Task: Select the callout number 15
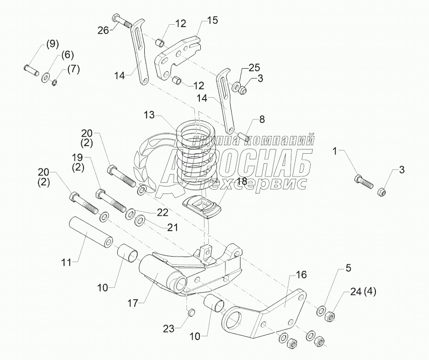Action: pyautogui.click(x=212, y=20)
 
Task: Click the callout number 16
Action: pyautogui.click(x=301, y=275)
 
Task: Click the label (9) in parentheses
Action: pyautogui.click(x=52, y=45)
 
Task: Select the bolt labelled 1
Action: pyautogui.click(x=364, y=182)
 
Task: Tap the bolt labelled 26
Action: pyautogui.click(x=124, y=21)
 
